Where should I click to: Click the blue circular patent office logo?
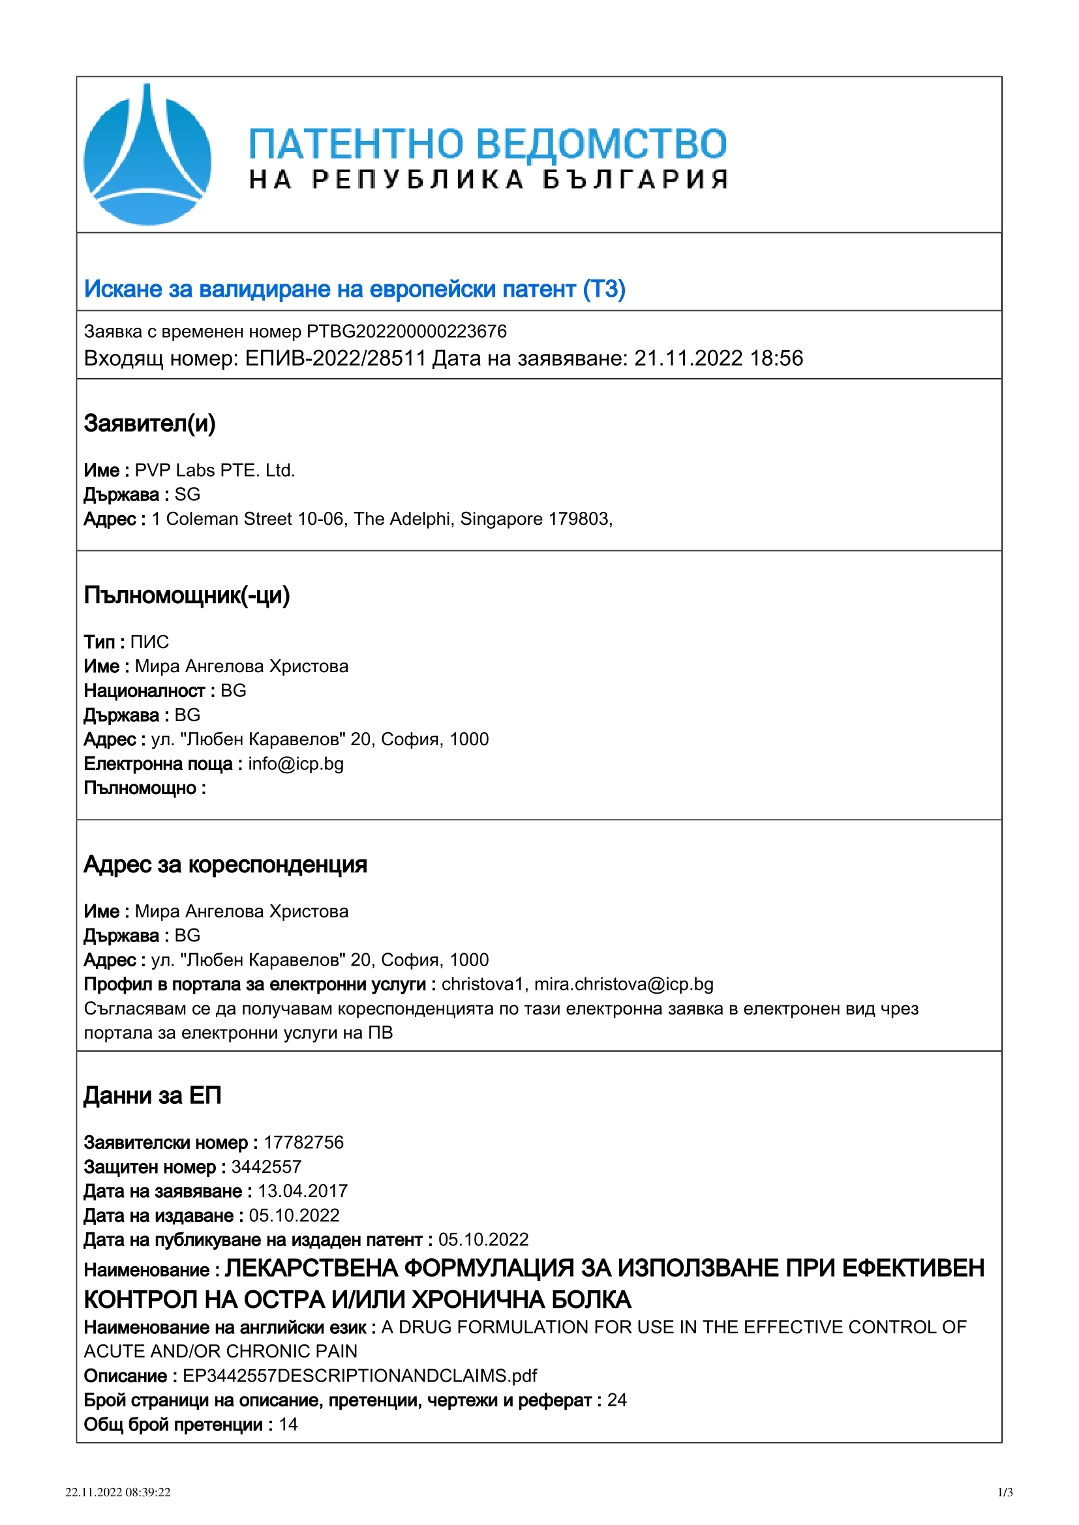[x=147, y=155]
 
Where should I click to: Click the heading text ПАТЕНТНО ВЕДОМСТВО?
[x=487, y=144]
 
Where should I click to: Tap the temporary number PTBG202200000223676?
[x=406, y=331]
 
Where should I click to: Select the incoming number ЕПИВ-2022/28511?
[x=335, y=359]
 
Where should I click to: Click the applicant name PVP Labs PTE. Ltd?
[x=215, y=470]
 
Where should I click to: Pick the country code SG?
[x=187, y=495]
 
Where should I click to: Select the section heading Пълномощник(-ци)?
[x=187, y=595]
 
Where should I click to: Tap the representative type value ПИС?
[x=149, y=642]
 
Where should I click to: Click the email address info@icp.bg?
[x=296, y=764]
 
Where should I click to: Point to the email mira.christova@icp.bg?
[x=623, y=985]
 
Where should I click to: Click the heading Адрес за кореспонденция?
[x=225, y=865]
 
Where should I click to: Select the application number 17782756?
[x=303, y=1142]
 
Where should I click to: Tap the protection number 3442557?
[x=266, y=1167]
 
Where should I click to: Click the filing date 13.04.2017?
[x=302, y=1191]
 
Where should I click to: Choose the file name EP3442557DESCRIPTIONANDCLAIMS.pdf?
[x=359, y=1376]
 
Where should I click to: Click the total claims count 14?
[x=288, y=1425]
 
